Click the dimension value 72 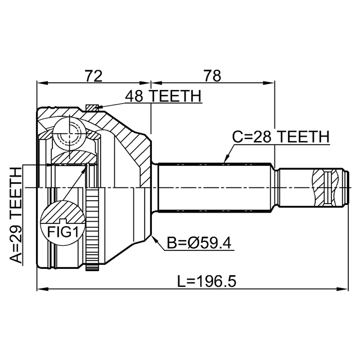[93, 75]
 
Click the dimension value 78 [212, 75]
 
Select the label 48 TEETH [163, 97]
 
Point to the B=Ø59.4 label [200, 244]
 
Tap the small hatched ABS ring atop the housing [92, 107]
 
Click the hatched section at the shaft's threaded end [321, 186]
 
